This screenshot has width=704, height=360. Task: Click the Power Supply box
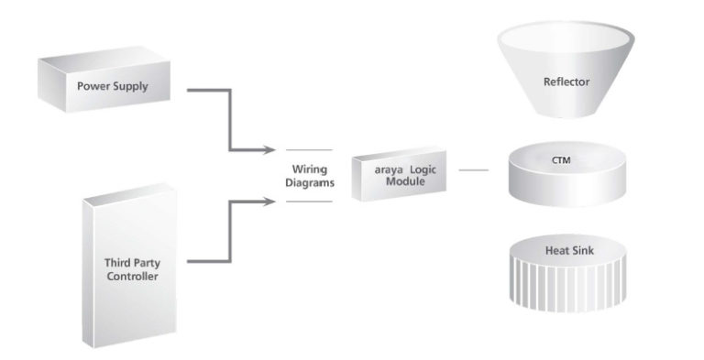point(104,80)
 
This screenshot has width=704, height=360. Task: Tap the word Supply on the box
point(130,87)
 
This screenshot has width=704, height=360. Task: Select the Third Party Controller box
point(129,266)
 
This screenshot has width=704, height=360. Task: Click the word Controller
point(132,276)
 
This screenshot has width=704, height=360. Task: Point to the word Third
point(117,263)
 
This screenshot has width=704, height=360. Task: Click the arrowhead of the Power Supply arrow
point(269,150)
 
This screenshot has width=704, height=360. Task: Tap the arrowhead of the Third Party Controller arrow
point(269,202)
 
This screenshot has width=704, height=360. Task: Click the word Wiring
point(309,169)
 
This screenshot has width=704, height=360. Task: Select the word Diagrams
point(310,182)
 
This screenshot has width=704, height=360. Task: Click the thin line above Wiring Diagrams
point(309,150)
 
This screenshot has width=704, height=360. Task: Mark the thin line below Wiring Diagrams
point(309,202)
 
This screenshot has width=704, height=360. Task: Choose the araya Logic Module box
point(399,174)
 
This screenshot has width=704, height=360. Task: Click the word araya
point(389,170)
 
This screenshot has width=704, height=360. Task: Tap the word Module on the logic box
point(405,181)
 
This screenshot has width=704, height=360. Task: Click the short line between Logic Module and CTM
point(474,170)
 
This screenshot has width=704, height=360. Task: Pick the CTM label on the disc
point(561,159)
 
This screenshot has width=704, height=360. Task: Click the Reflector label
point(566,82)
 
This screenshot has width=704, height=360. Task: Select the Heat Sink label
point(569,250)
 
